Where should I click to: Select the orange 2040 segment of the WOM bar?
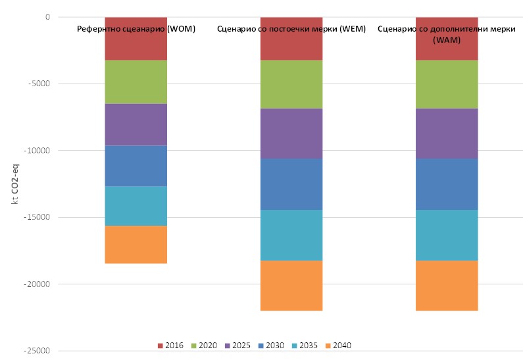(x=136, y=245)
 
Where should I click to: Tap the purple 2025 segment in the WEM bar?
(x=291, y=133)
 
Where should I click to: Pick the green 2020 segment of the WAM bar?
(x=446, y=84)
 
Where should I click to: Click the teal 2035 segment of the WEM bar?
(x=291, y=235)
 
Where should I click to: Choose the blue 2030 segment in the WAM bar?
(x=446, y=184)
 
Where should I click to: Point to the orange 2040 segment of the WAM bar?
(x=446, y=286)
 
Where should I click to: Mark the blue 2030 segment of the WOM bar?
(x=136, y=166)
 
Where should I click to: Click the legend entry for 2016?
(x=170, y=346)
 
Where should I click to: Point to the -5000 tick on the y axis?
(x=38, y=84)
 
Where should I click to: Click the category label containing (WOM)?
(x=136, y=29)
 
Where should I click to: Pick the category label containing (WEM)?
(x=291, y=29)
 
